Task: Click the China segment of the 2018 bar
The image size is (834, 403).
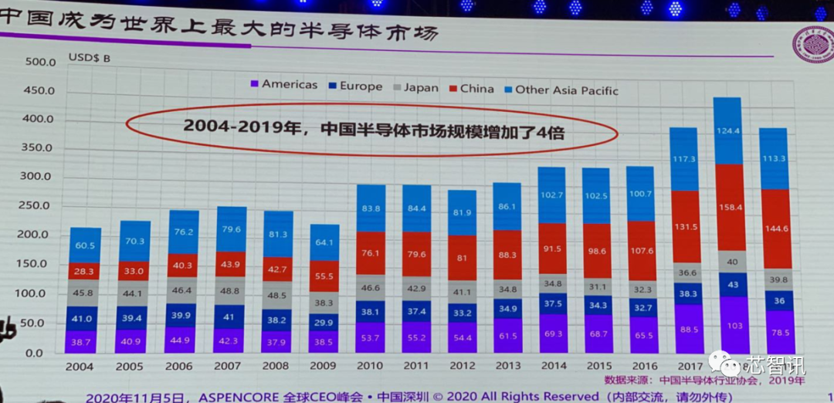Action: pyautogui.click(x=731, y=207)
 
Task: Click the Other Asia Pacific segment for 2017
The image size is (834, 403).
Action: pyautogui.click(x=683, y=159)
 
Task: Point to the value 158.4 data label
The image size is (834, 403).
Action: pyautogui.click(x=731, y=207)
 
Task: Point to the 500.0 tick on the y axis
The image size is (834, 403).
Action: pyautogui.click(x=39, y=62)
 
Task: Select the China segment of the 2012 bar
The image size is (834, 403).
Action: pyautogui.click(x=461, y=257)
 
